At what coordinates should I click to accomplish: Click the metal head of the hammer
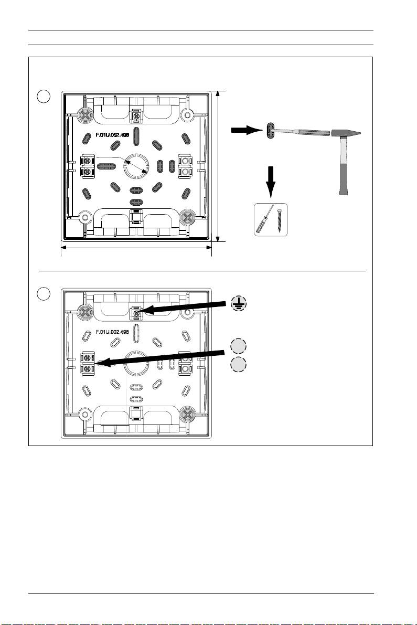click(346, 133)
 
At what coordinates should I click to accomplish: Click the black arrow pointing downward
click(271, 182)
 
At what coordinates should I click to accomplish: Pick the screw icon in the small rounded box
click(281, 220)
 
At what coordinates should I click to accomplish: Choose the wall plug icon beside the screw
click(264, 220)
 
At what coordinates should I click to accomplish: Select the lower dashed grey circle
click(238, 365)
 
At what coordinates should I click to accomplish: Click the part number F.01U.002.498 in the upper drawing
click(112, 135)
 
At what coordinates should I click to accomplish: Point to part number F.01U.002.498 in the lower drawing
click(112, 332)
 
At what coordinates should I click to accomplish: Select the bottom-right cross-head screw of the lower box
click(186, 415)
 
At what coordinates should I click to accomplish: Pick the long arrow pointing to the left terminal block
click(161, 357)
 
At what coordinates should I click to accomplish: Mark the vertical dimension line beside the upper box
click(218, 166)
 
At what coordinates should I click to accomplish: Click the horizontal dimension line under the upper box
click(136, 248)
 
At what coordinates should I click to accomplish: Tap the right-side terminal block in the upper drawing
click(185, 166)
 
